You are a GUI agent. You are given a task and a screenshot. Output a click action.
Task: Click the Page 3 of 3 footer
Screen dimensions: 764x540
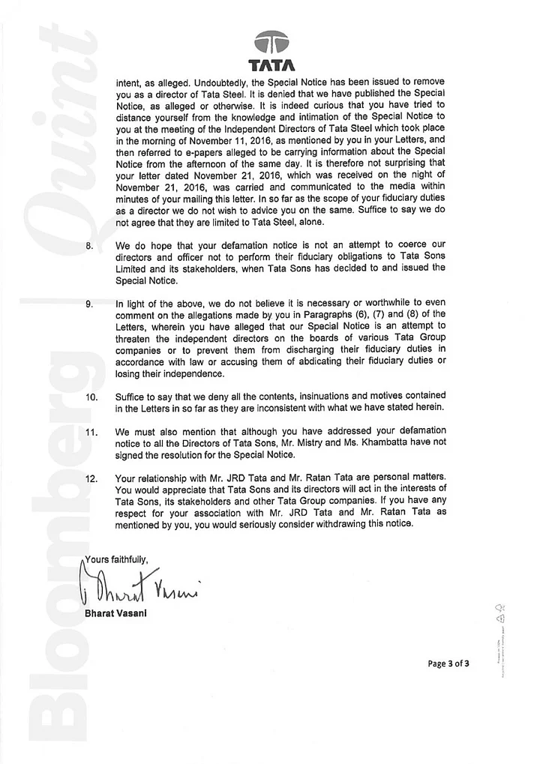[448, 663]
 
